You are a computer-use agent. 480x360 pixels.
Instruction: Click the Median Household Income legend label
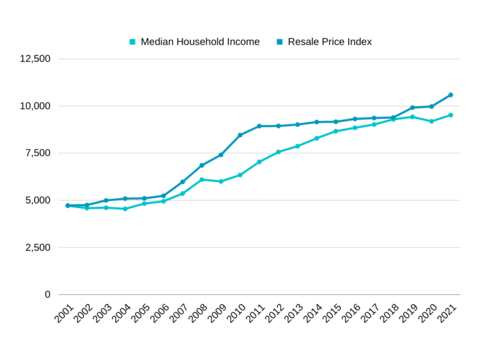click(x=200, y=42)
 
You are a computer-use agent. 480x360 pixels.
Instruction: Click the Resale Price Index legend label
click(x=329, y=42)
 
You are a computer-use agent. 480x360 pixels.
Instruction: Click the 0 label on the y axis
click(x=47, y=294)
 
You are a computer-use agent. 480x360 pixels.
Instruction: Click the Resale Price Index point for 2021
click(x=451, y=95)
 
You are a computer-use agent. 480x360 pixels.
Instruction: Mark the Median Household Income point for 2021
click(x=451, y=115)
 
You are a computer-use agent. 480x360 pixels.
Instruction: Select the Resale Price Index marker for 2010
click(x=240, y=135)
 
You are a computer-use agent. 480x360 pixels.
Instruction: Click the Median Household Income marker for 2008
click(x=202, y=179)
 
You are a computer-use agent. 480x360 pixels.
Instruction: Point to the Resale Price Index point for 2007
click(x=182, y=182)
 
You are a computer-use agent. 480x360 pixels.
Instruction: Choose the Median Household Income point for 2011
click(x=259, y=162)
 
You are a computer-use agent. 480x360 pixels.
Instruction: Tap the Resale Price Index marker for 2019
click(x=412, y=107)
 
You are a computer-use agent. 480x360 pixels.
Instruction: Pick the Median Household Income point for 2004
click(x=125, y=209)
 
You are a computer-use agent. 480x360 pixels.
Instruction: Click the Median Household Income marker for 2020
click(x=431, y=121)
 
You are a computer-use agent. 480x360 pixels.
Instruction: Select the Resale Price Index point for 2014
click(x=316, y=122)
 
